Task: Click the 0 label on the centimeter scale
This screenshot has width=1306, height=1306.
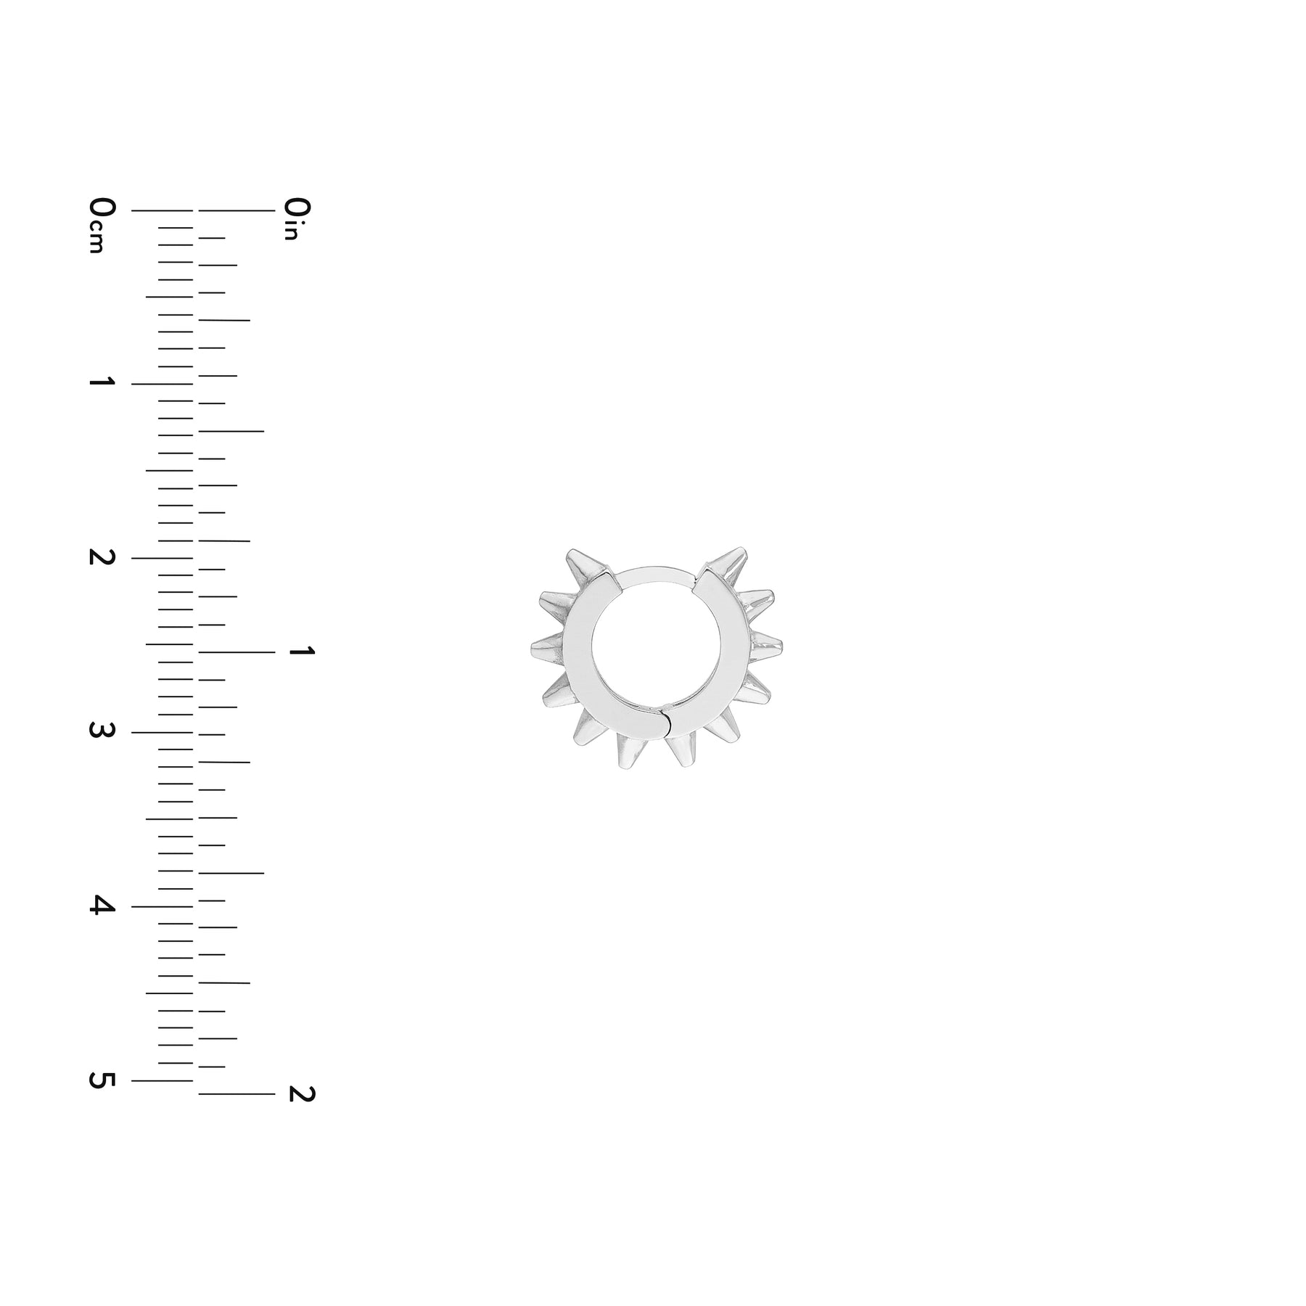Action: [102, 207]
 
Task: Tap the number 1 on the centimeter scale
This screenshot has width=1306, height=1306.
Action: [102, 382]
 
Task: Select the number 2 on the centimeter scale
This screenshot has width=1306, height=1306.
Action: [102, 557]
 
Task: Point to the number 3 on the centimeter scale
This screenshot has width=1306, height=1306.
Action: [102, 731]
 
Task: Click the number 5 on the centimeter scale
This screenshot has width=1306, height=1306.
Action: [102, 1080]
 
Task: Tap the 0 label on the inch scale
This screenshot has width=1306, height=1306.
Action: [297, 207]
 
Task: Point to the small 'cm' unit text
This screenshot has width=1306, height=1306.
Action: [96, 237]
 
